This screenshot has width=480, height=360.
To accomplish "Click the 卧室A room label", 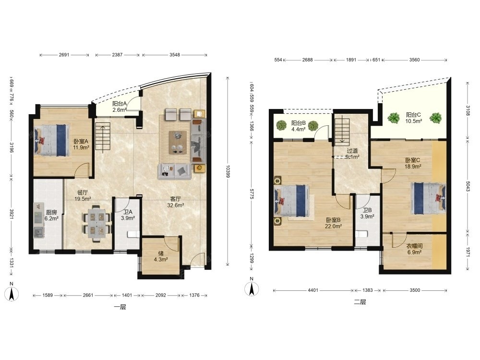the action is pyautogui.click(x=81, y=142).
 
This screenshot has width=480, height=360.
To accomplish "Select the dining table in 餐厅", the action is pyautogui.click(x=96, y=223).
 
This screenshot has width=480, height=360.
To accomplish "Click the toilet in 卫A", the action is pyautogui.click(x=133, y=235).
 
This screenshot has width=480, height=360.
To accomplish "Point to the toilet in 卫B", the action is pyautogui.click(x=361, y=234).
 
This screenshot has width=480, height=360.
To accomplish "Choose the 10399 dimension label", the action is pyautogui.click(x=227, y=171).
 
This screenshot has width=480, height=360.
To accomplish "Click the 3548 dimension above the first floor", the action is pyautogui.click(x=175, y=55).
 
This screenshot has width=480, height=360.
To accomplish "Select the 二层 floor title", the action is pyautogui.click(x=360, y=302).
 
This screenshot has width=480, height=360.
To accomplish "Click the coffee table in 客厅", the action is pyautogui.click(x=178, y=142).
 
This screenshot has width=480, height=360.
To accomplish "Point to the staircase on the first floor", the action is pyautogui.click(x=103, y=136).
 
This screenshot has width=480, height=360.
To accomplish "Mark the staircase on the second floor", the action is pyautogui.click(x=342, y=132).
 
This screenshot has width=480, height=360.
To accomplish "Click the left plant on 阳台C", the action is pyautogui.click(x=394, y=118).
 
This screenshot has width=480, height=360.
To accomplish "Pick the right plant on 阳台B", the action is pyautogui.click(x=313, y=126).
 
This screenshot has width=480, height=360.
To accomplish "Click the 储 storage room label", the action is pyautogui.click(x=160, y=253).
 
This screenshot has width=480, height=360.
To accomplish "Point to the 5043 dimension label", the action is pyautogui.click(x=468, y=186).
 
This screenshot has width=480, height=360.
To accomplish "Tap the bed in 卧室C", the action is pyautogui.click(x=428, y=198).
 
